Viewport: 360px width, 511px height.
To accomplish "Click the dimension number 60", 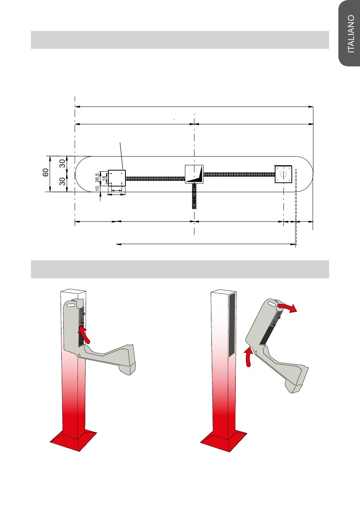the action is (45, 173).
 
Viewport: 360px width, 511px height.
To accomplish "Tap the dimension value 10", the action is (97, 188).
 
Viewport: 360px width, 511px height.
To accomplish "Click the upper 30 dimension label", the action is (63, 164).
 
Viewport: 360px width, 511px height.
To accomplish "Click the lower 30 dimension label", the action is (63, 182).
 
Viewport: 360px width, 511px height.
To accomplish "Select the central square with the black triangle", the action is (194, 174).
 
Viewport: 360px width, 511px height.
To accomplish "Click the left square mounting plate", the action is (117, 177).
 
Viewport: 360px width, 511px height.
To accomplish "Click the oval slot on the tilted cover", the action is (272, 304).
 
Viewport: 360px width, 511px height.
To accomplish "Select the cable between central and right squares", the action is (239, 174).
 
